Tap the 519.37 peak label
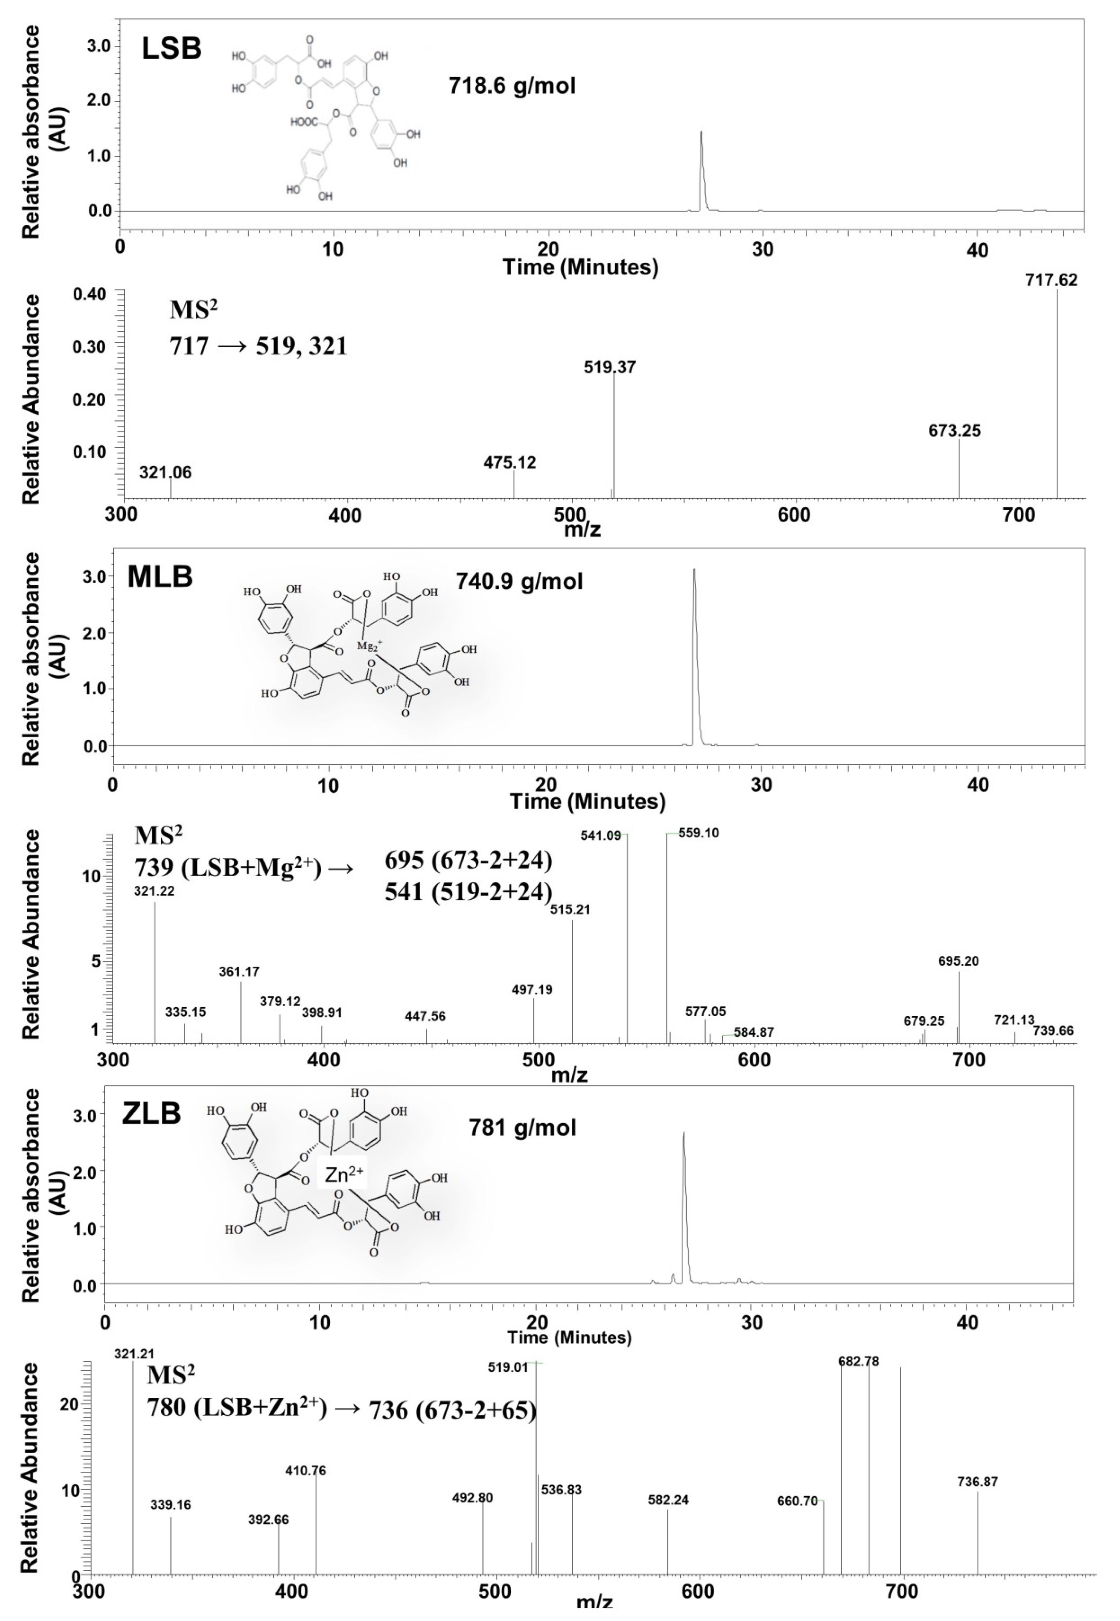609,367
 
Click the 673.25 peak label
954,431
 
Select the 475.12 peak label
509,463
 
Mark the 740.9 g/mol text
519,582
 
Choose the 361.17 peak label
239,972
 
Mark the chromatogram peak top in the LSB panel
701,132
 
